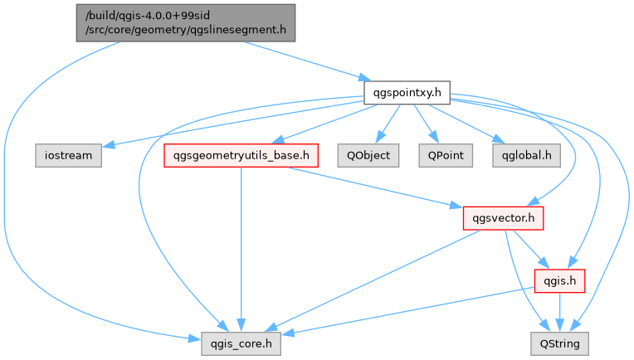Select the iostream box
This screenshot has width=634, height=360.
(x=68, y=154)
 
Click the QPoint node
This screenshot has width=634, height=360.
(x=445, y=154)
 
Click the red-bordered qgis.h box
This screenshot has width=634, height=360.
(x=559, y=280)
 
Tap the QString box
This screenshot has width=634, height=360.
(x=559, y=342)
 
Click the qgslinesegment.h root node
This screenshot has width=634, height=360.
(x=186, y=22)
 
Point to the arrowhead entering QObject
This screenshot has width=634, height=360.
(x=378, y=140)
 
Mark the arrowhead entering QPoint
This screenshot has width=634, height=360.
(x=435, y=140)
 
